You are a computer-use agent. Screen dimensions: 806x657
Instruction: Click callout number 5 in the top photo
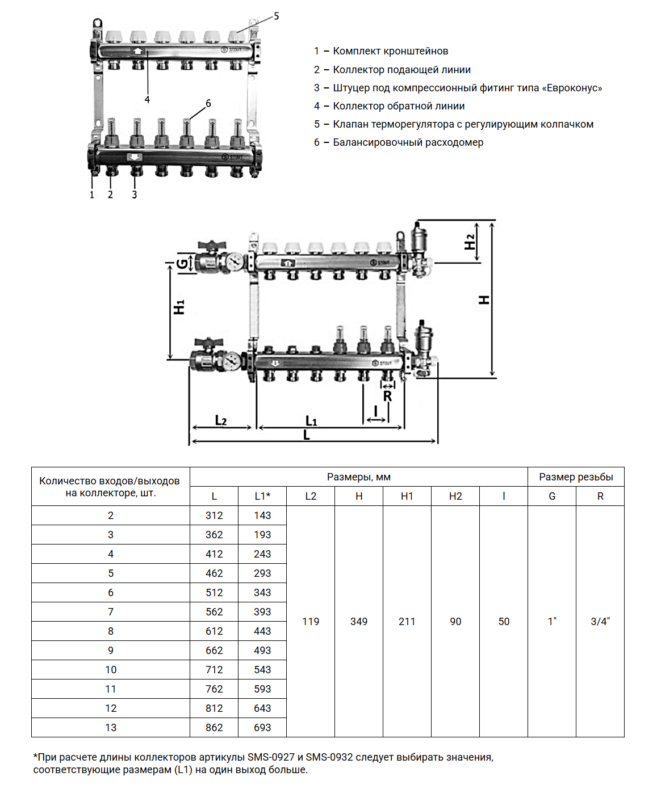pyautogui.click(x=276, y=16)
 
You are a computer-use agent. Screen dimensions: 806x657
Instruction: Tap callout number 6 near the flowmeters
pyautogui.click(x=208, y=103)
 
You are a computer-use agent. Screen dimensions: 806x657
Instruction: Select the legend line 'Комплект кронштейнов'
pyautogui.click(x=390, y=51)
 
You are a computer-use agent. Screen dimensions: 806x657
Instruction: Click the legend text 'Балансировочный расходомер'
pyautogui.click(x=408, y=142)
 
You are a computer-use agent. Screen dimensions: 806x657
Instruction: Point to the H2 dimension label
pyautogui.click(x=470, y=242)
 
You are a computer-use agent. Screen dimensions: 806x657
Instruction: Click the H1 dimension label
pyautogui.click(x=179, y=307)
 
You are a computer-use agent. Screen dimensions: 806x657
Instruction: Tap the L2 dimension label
pyautogui.click(x=221, y=420)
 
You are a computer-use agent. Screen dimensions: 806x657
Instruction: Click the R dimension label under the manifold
pyautogui.click(x=387, y=396)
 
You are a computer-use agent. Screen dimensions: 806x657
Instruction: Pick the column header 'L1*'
pyautogui.click(x=262, y=496)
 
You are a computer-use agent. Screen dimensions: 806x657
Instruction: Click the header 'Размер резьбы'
pyautogui.click(x=576, y=477)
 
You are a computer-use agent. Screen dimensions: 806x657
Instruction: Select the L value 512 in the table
pyautogui.click(x=214, y=593)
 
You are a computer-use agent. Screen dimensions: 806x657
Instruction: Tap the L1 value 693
pyautogui.click(x=262, y=728)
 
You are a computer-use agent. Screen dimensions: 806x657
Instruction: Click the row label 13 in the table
pyautogui.click(x=111, y=728)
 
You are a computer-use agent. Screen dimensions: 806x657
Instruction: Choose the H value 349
pyautogui.click(x=359, y=622)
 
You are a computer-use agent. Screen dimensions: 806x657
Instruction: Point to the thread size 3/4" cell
pyautogui.click(x=600, y=622)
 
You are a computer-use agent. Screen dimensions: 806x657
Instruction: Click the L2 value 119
pyautogui.click(x=311, y=622)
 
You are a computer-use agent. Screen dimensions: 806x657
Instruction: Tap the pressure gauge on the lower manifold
pyautogui.click(x=232, y=361)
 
